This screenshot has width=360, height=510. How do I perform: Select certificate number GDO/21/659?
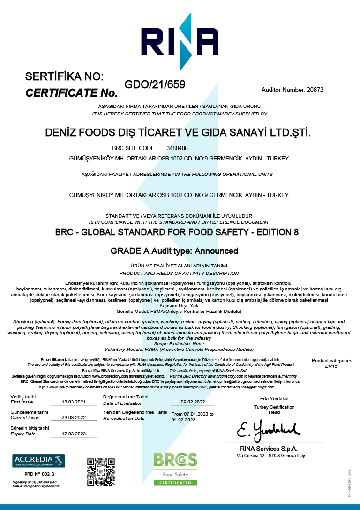(155, 85)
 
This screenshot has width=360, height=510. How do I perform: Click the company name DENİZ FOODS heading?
(178, 133)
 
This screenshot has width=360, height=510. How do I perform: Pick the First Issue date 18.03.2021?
(74, 402)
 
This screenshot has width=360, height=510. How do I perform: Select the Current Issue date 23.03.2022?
(74, 418)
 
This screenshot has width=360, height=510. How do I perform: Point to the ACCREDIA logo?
(39, 461)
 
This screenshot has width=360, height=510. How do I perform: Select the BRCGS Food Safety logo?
(175, 468)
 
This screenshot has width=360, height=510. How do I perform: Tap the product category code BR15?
(332, 366)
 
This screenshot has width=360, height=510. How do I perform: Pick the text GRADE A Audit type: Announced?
(174, 251)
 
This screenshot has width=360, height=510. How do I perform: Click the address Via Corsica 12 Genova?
(271, 456)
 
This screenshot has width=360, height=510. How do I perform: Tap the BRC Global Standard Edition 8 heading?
(177, 232)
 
